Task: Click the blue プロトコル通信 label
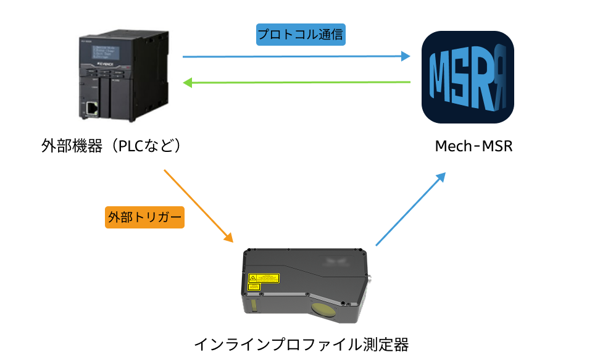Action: (301, 35)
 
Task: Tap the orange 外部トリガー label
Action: (144, 217)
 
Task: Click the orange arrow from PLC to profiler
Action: (198, 206)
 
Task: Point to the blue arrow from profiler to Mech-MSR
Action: (410, 209)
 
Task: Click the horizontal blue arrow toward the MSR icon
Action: (296, 57)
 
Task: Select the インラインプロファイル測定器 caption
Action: (301, 343)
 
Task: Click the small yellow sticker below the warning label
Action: (253, 287)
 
